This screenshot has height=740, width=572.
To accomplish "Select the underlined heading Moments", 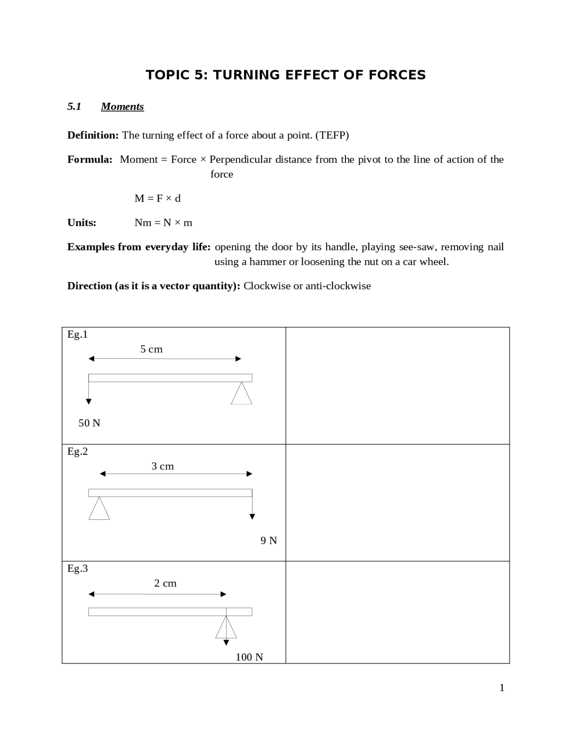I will click(x=122, y=106).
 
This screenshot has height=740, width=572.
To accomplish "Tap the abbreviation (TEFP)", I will click(x=332, y=135).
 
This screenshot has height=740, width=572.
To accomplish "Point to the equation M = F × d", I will click(x=157, y=198).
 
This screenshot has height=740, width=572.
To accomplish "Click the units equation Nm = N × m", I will click(x=163, y=223).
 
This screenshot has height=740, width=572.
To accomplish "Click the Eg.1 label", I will click(x=77, y=334).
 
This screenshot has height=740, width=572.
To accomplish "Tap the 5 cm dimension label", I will click(x=151, y=349).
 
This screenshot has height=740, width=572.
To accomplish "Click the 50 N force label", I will click(x=89, y=423).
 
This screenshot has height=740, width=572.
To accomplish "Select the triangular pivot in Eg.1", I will click(x=242, y=395).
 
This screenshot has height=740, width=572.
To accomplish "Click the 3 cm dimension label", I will click(x=163, y=466).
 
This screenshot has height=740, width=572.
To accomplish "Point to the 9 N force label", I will click(x=269, y=540).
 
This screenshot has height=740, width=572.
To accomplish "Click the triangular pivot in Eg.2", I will click(x=99, y=509).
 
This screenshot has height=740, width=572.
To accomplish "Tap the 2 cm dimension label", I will click(x=165, y=583).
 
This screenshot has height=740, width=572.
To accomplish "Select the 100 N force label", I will click(x=249, y=657).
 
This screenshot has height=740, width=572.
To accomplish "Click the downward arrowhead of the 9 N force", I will click(x=252, y=517).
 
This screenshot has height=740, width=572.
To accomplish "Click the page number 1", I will click(x=502, y=688).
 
